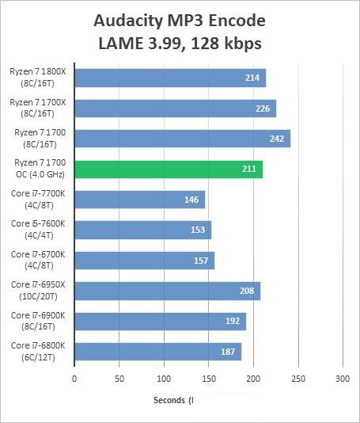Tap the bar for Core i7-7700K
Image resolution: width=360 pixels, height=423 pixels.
(x=139, y=200)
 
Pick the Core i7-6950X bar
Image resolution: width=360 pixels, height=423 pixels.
(x=167, y=291)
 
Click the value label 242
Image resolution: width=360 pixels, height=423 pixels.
(x=276, y=139)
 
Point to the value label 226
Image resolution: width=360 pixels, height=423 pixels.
(x=263, y=108)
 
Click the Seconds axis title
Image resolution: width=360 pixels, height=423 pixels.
(x=170, y=400)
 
